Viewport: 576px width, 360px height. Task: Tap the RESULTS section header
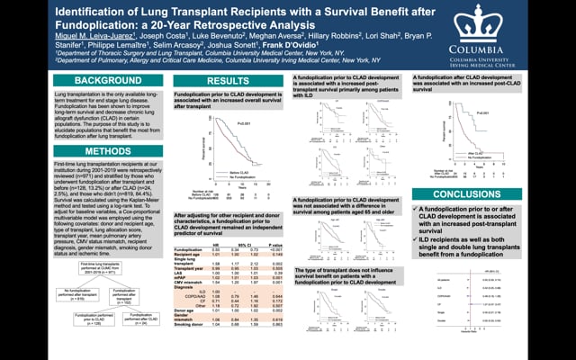pyautogui.click(x=228, y=81)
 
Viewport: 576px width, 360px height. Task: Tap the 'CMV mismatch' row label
pyautogui.click(x=190, y=281)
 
